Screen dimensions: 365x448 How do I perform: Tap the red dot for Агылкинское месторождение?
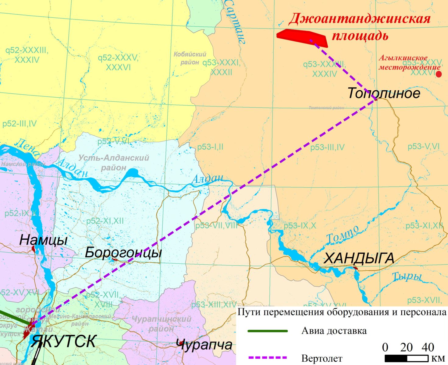pos(439,74)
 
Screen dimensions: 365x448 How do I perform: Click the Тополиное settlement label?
pos(384,93)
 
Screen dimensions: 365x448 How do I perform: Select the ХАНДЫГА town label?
pos(359,259)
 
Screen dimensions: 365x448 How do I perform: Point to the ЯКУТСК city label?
pos(64,341)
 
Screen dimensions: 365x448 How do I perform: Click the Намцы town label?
pos(43,240)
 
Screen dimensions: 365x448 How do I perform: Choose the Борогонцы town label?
pos(123,252)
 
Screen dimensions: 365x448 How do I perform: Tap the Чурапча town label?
pos(204,345)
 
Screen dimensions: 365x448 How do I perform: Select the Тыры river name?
pos(407,276)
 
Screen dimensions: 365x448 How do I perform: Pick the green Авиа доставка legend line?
pos(268,331)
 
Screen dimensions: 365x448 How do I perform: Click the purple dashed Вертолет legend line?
pos(268,358)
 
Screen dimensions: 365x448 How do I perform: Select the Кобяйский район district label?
pos(190,58)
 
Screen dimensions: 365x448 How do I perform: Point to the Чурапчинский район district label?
pos(162,324)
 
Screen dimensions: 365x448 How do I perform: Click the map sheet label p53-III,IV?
pos(327,148)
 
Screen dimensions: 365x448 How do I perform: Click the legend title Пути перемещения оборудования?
pos(341,312)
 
